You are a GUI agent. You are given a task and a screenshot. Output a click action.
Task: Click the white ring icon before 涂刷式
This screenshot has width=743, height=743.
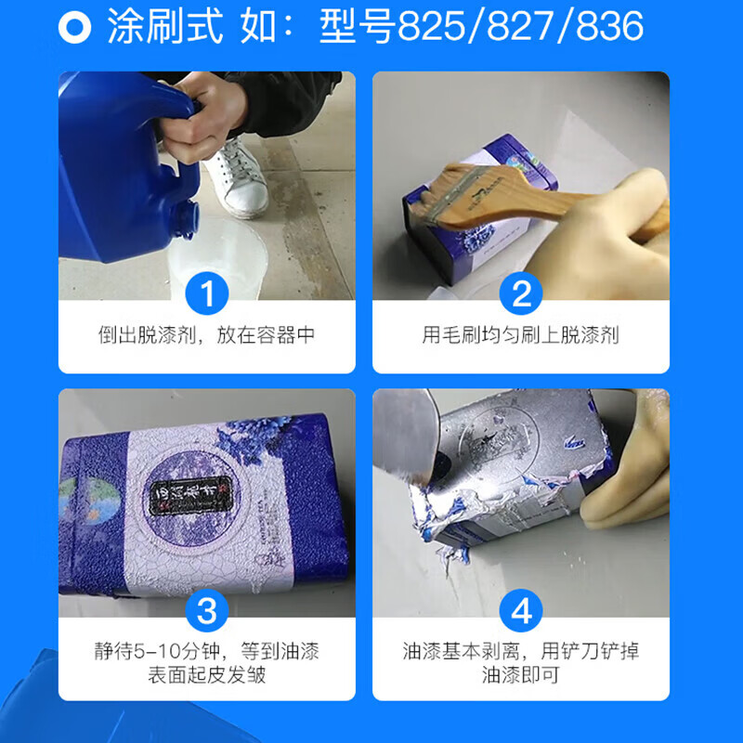pyautogui.click(x=74, y=27)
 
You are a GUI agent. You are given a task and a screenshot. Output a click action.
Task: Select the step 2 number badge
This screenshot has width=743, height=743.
pyautogui.click(x=521, y=294)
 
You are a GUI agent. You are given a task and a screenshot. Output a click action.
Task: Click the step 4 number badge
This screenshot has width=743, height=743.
pyautogui.click(x=521, y=612)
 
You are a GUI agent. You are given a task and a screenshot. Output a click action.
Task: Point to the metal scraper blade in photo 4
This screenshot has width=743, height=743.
pyautogui.click(x=409, y=437)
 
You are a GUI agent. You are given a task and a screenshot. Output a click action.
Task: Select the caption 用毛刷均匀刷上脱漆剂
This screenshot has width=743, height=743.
pyautogui.click(x=521, y=335)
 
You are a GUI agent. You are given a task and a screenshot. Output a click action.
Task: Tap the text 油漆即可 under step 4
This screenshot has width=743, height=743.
pyautogui.click(x=521, y=675)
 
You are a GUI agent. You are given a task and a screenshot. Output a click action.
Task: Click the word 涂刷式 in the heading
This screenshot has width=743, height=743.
pyautogui.click(x=165, y=27)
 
